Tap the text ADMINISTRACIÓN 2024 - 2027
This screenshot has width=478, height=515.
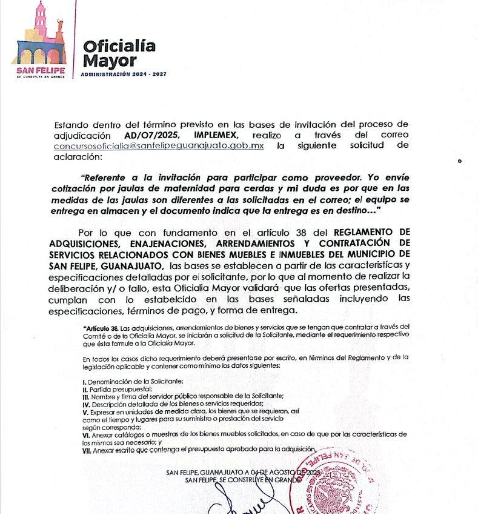click(x=123, y=75)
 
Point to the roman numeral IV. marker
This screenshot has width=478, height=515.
click(x=86, y=404)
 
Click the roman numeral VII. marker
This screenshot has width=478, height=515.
click(x=87, y=449)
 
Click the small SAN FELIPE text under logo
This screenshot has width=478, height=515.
click(x=40, y=70)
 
